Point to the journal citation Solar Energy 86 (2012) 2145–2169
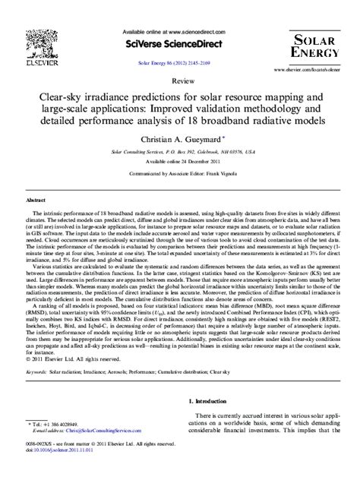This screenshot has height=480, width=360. (180, 59)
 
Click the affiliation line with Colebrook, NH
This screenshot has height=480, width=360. (180, 152)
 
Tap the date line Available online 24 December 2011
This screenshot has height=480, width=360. (180, 162)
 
